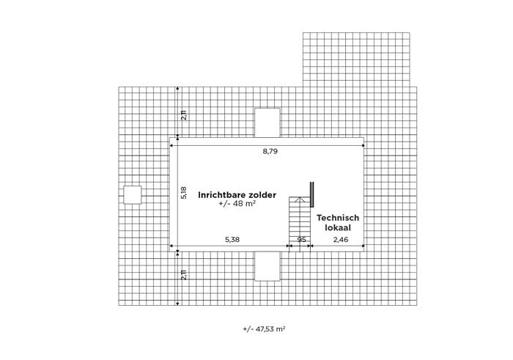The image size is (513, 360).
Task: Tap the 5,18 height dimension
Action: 184,192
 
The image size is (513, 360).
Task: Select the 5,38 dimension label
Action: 232,240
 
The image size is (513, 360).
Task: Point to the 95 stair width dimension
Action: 301,240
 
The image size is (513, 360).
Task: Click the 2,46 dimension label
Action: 341,240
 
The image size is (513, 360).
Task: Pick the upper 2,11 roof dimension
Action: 184,116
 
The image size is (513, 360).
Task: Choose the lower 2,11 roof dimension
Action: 184,275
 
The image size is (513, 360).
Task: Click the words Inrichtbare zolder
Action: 237,195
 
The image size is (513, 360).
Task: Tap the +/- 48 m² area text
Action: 237,203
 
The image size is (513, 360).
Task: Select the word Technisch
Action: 338,218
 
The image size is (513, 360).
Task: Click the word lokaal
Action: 338,227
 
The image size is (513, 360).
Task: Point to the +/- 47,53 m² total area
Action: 264,329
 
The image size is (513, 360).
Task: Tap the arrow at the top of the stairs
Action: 299,199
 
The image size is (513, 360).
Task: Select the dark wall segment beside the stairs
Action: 311,194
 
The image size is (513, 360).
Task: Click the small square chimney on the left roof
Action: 133,195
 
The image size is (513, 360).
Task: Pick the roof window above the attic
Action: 267,122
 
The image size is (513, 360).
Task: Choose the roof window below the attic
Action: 267,266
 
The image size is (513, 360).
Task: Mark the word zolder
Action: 262,195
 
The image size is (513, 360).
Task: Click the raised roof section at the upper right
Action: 356,59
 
